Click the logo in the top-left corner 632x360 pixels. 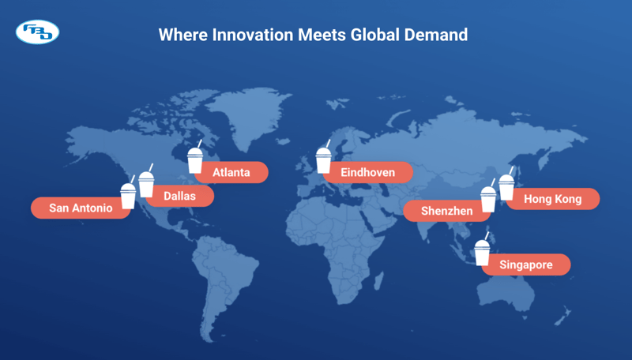37,32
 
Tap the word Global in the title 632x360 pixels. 375,35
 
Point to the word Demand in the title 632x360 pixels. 439,35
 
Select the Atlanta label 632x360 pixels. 231,172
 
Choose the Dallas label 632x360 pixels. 179,195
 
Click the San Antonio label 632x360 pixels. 81,208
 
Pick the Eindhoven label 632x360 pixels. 368,172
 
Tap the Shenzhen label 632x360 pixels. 447,211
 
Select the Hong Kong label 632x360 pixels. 552,199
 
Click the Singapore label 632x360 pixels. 526,264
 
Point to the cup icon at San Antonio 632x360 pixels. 128,194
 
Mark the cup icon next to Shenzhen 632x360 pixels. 489,198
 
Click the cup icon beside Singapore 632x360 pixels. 482,252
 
